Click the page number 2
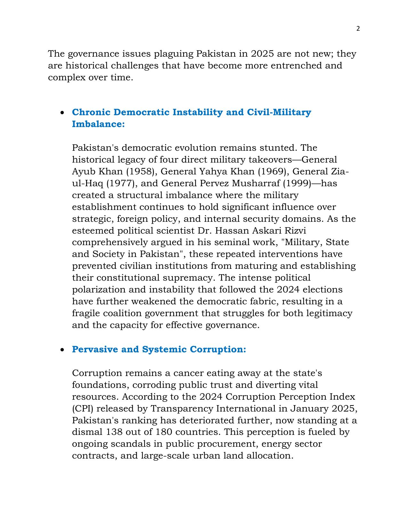click(358, 29)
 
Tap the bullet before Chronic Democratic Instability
click(63, 113)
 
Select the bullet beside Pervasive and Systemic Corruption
click(63, 350)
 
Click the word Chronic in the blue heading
click(91, 112)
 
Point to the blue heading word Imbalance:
click(98, 124)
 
